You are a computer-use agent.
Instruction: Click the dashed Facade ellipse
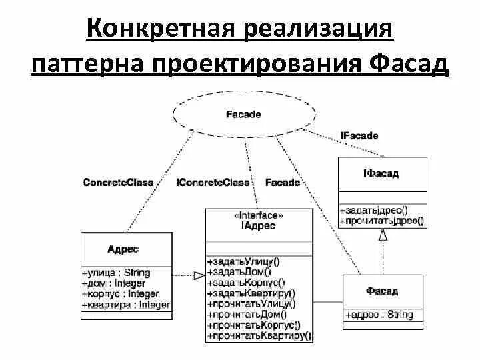pyautogui.click(x=243, y=114)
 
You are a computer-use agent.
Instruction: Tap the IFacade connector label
pyautogui.click(x=360, y=136)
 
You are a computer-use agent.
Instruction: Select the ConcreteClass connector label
pyautogui.click(x=117, y=182)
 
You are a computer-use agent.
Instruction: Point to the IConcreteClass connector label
pyautogui.click(x=213, y=182)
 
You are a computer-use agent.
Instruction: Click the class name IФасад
pyautogui.click(x=382, y=173)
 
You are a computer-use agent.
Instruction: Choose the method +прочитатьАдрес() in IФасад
pyautogui.click(x=381, y=221)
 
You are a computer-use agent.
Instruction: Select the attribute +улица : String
pyautogui.click(x=116, y=273)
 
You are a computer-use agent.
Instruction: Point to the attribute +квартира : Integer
pyautogui.click(x=126, y=305)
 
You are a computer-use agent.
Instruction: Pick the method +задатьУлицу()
pyautogui.click(x=241, y=261)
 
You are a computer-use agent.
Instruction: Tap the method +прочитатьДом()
pyautogui.click(x=246, y=315)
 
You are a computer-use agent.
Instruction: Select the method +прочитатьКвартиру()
pyautogui.click(x=259, y=336)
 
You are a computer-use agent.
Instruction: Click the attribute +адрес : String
pyautogui.click(x=379, y=315)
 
